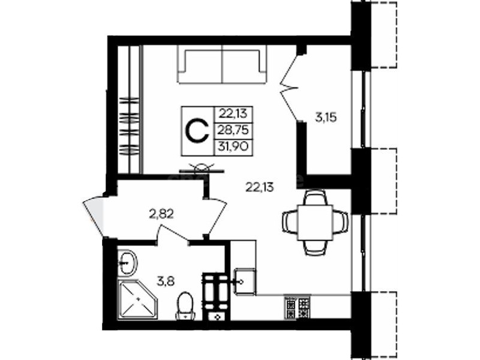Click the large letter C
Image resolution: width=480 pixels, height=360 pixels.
[197, 131]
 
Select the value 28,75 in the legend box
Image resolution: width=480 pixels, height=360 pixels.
[233, 131]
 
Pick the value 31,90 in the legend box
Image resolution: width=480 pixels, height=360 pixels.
[233, 147]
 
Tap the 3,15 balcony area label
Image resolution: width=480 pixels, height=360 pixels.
[326, 117]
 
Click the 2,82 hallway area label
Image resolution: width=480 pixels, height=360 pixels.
[161, 214]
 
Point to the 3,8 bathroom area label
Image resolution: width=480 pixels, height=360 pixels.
[166, 281]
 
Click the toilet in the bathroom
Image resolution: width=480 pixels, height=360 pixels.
[185, 305]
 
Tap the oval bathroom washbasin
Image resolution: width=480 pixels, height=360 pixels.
[128, 263]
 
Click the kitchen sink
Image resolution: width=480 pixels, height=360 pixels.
[245, 281]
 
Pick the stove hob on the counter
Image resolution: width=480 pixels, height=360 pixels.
[297, 307]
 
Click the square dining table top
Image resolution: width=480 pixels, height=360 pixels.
[316, 223]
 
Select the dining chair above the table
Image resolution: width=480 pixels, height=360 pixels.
[316, 197]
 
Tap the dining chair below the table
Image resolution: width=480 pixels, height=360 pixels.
[316, 247]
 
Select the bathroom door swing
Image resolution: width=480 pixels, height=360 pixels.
[172, 233]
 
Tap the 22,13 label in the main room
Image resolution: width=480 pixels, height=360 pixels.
[260, 187]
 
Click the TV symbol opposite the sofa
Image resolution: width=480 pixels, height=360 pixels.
[202, 169]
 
